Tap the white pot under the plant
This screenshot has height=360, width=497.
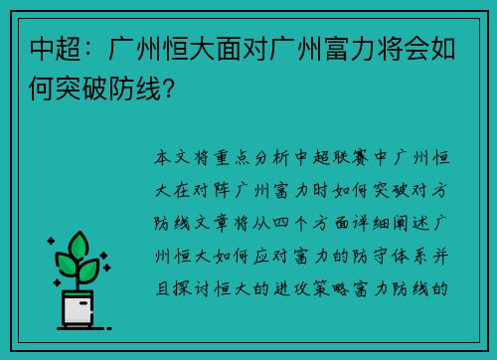[x=79, y=311]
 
